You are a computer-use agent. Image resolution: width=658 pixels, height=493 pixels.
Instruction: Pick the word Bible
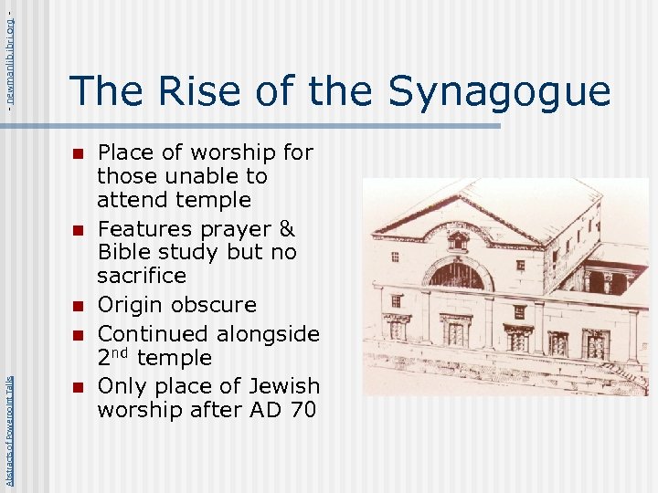pos(128,252)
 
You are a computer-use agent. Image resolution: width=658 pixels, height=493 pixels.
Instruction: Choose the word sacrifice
pos(142,276)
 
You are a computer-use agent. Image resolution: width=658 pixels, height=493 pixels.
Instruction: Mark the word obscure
pos(212,304)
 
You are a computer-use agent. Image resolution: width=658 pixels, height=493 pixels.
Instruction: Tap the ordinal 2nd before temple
pos(113,357)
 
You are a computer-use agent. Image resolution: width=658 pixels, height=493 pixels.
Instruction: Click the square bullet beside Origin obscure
pos(79,305)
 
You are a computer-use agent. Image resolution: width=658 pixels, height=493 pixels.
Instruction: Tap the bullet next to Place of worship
pos(79,152)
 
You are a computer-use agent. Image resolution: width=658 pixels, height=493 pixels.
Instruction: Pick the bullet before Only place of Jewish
pos(79,387)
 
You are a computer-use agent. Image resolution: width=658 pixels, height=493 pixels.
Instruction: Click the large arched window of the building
pos(457,274)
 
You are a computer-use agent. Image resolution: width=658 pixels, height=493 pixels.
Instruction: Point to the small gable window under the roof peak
pos(458,242)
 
